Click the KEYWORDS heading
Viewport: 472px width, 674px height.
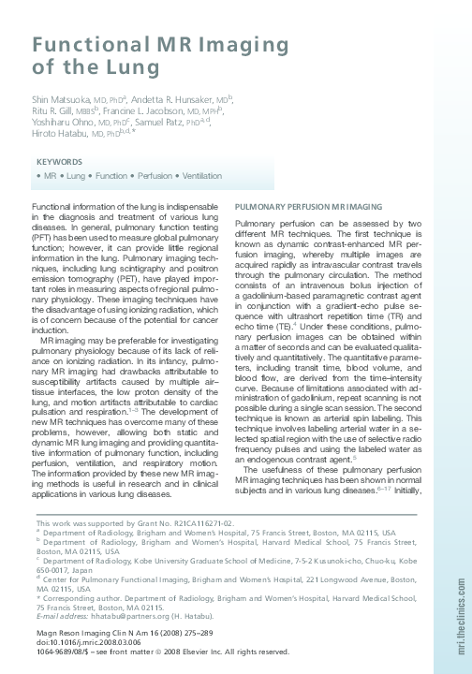59,161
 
